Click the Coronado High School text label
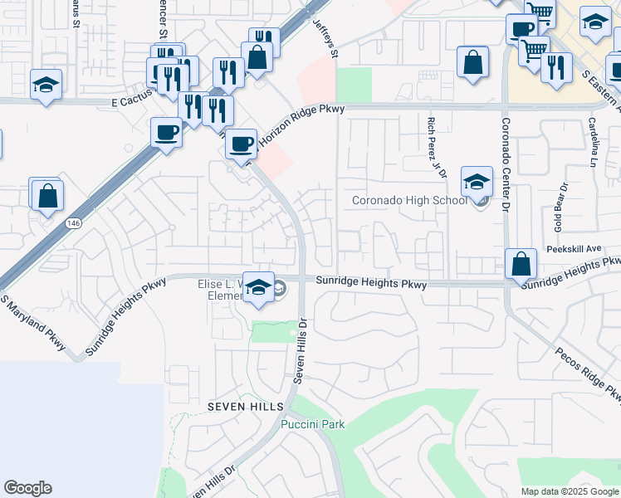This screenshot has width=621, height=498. click(x=409, y=200)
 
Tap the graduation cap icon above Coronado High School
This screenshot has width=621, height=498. click(x=477, y=183)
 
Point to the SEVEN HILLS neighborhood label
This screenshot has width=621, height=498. click(x=246, y=407)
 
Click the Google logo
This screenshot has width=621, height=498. click(x=27, y=488)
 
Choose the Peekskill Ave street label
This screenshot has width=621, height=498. click(x=574, y=249)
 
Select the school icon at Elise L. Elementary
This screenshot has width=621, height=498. click(x=259, y=288)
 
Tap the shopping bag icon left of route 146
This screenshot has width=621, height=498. click(x=48, y=197)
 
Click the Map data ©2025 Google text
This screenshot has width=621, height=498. click(x=569, y=491)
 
